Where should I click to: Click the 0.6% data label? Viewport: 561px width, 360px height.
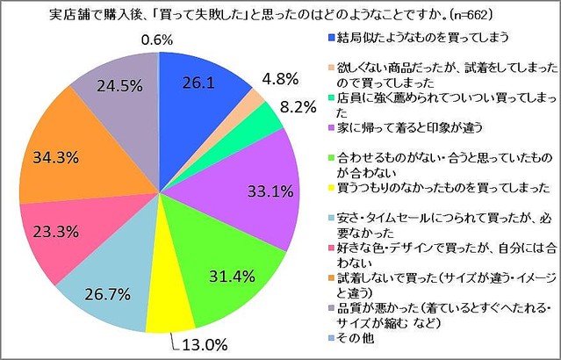point(160,39)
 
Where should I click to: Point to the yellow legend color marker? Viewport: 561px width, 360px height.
point(328,188)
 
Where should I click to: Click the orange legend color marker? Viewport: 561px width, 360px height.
point(328,277)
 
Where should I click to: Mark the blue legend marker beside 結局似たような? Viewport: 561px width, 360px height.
point(328,38)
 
